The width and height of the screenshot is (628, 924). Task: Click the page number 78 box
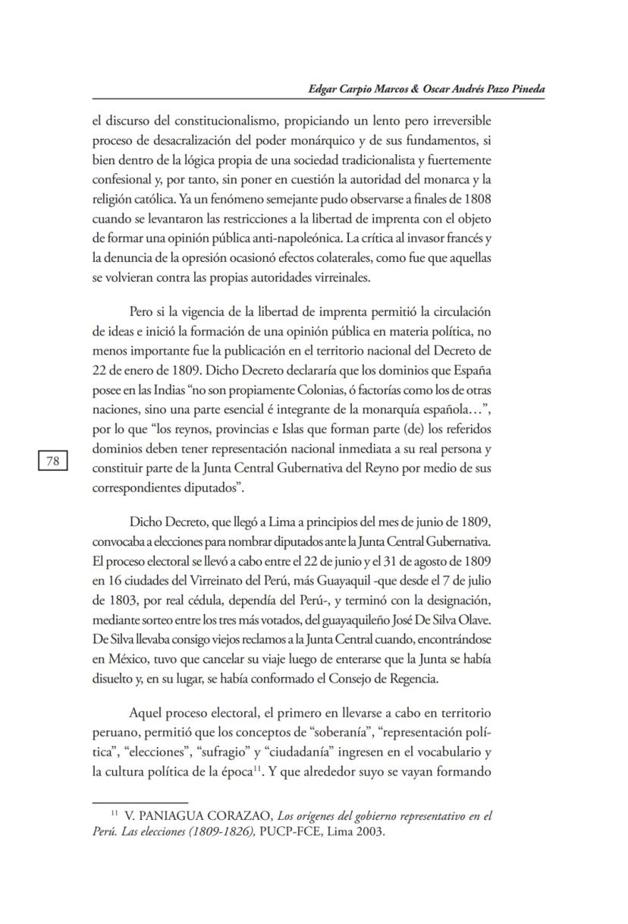[53, 461]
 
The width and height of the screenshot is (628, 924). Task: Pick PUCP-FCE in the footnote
[272, 831]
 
